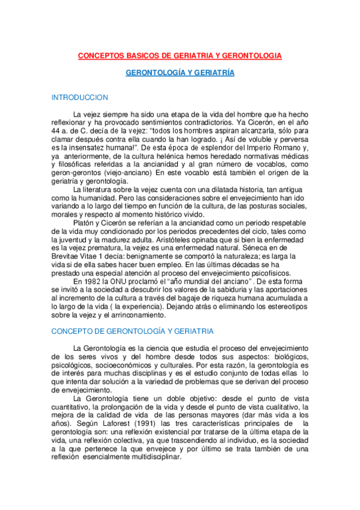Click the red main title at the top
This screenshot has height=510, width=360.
[x=180, y=55]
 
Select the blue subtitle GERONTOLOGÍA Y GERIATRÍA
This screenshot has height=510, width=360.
[x=180, y=73]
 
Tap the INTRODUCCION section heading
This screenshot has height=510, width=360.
[x=80, y=97]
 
